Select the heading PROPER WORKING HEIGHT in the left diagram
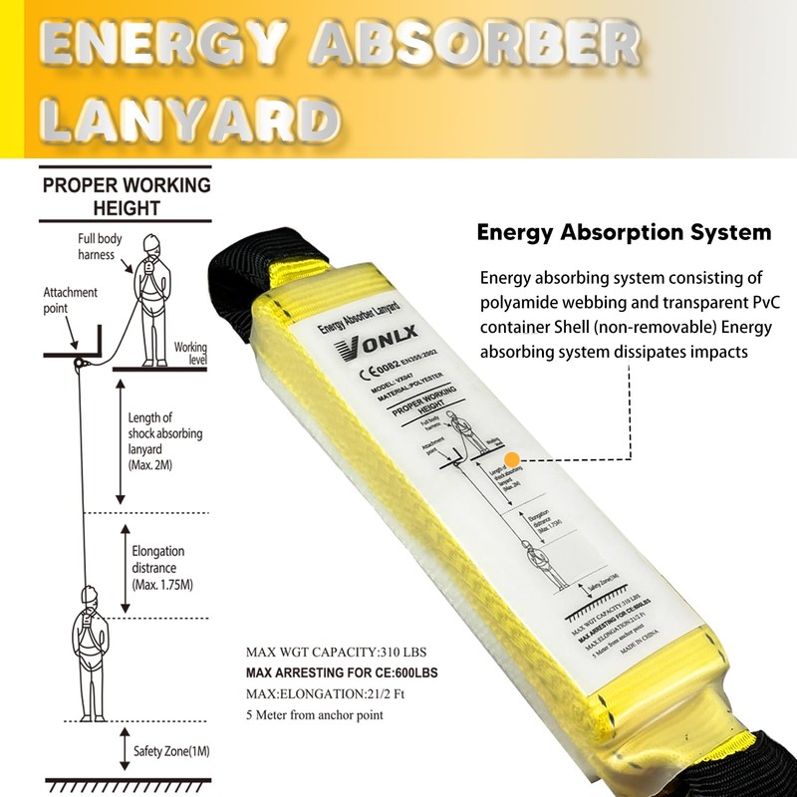126,196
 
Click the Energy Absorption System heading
624,232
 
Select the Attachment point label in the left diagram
70,300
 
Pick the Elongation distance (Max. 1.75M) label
157,567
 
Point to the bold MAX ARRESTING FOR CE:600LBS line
342,673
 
